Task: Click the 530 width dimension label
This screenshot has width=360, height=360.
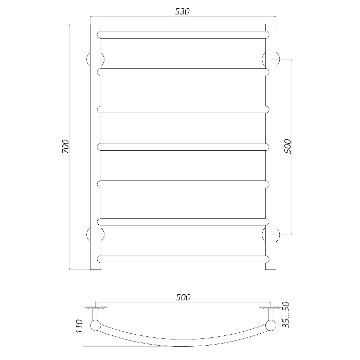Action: (182, 11)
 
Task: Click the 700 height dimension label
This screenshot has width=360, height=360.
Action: (65, 147)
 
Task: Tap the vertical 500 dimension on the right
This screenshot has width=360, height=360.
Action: (287, 147)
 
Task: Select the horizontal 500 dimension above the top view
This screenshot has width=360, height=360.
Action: (183, 297)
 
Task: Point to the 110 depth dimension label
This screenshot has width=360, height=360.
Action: (79, 326)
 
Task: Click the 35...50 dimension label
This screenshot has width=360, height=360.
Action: (285, 315)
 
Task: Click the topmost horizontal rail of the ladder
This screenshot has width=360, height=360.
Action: (183, 34)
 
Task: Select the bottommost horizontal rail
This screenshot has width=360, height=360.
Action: (183, 259)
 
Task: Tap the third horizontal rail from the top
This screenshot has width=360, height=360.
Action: (183, 110)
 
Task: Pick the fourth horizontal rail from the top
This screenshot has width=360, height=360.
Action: (183, 147)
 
